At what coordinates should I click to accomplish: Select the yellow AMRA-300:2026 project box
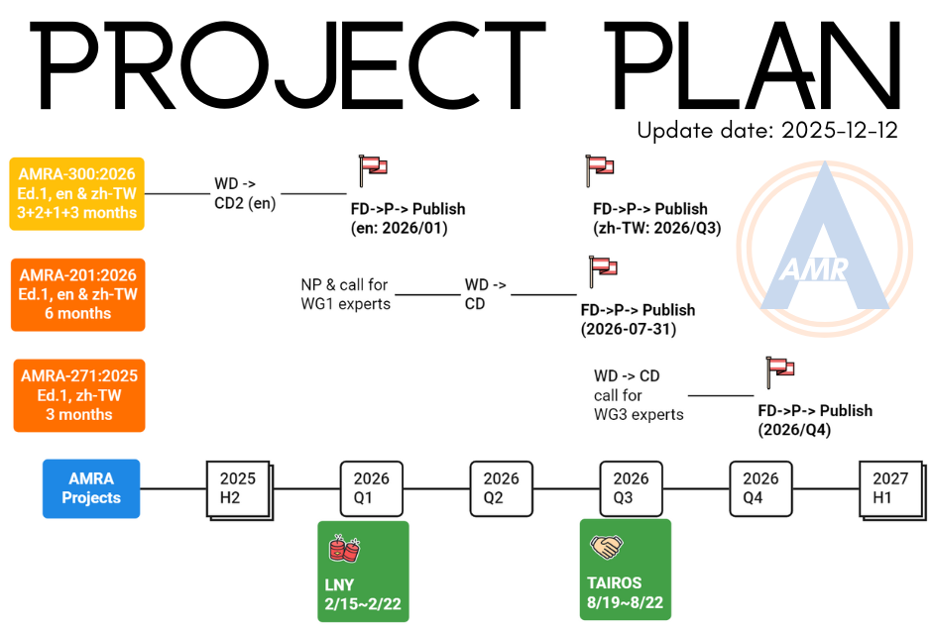pos(77,193)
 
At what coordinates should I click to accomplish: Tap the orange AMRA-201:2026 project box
pos(77,294)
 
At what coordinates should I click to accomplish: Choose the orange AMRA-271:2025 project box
pos(79,395)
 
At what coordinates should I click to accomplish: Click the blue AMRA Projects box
pos(91,488)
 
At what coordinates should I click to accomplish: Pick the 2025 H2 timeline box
pos(238,488)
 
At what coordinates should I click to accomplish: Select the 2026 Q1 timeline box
pos(371,488)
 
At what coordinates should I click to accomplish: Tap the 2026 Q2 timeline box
pos(501,488)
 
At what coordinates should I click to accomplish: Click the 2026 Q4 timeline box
pos(760,488)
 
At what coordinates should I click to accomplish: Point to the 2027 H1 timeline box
pos(890,488)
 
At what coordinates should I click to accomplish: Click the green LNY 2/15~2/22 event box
pos(363,571)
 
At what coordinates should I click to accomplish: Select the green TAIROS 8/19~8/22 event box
pos(625,571)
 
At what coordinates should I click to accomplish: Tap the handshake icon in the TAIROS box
pos(606,546)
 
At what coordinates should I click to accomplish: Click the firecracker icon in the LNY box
pos(343,546)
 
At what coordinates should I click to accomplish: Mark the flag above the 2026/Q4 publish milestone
pos(780,371)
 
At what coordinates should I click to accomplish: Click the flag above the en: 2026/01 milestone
pos(372,169)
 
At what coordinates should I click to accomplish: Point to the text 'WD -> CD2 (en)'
pos(245,194)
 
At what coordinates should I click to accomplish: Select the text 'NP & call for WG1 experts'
pos(345,294)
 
